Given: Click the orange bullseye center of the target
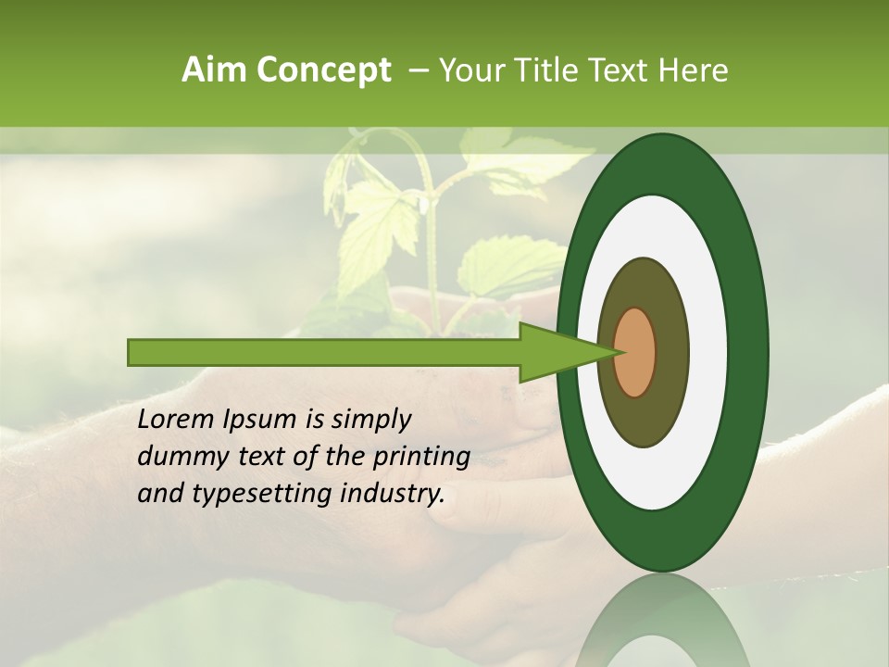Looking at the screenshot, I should click(635, 353).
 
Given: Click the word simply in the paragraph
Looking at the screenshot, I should click(370, 421).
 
